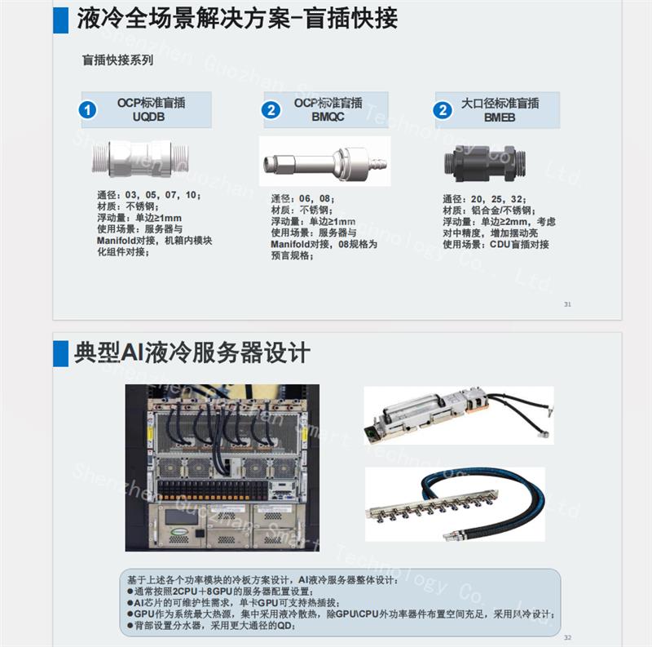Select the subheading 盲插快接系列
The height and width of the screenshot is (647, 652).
point(117,60)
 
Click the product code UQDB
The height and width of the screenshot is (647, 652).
point(152,117)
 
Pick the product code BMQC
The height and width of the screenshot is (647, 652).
point(329,117)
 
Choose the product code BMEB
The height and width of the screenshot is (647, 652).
point(499,117)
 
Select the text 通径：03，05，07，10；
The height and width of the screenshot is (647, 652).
point(148,196)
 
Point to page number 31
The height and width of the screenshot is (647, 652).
point(567,304)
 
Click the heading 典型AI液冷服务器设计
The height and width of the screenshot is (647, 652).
point(192,352)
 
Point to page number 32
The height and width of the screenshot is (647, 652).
point(568,638)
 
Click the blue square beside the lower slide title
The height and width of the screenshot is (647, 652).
point(60,352)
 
